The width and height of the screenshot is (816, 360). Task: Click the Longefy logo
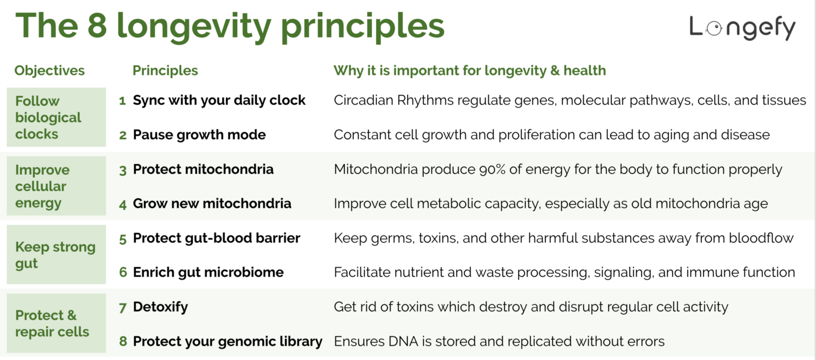click(x=742, y=27)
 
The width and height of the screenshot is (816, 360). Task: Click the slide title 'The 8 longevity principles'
click(x=230, y=26)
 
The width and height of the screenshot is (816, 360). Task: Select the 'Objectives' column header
click(x=50, y=70)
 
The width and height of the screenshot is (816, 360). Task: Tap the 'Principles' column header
click(x=165, y=70)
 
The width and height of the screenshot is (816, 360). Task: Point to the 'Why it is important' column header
click(x=469, y=70)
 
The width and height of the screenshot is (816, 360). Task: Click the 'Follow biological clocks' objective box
click(x=57, y=117)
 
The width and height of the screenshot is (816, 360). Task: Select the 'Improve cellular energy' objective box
click(x=57, y=186)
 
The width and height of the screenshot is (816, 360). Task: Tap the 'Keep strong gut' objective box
click(x=57, y=255)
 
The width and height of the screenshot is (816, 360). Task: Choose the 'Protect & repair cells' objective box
click(x=57, y=323)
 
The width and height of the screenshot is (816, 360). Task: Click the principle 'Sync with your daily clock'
click(x=219, y=100)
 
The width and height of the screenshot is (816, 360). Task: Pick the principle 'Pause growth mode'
click(x=199, y=135)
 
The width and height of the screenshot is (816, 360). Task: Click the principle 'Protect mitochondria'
click(x=203, y=170)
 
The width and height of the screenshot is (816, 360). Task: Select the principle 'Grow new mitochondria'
click(x=212, y=203)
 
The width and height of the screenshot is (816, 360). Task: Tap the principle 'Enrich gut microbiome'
click(x=208, y=272)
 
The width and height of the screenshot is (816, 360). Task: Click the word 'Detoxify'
click(x=160, y=306)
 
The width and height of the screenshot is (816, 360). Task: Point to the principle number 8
click(x=123, y=341)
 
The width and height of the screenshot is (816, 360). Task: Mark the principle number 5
click(x=123, y=238)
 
